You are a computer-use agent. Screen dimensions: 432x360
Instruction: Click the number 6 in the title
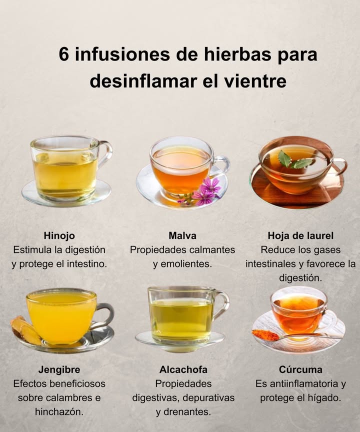tap(64, 54)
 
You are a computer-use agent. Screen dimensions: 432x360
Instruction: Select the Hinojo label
tap(59, 235)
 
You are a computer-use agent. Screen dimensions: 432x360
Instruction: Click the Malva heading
tap(182, 235)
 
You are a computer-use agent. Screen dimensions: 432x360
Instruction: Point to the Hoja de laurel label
tap(300, 235)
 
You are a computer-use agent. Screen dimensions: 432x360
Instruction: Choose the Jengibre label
tap(59, 370)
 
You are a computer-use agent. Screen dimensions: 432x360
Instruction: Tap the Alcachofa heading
tap(183, 370)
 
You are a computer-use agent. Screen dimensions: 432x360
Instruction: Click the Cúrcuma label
tap(300, 370)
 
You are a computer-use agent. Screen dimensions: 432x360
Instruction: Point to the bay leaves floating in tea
tap(295, 161)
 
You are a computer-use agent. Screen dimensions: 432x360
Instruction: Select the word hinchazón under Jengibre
tap(59, 412)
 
